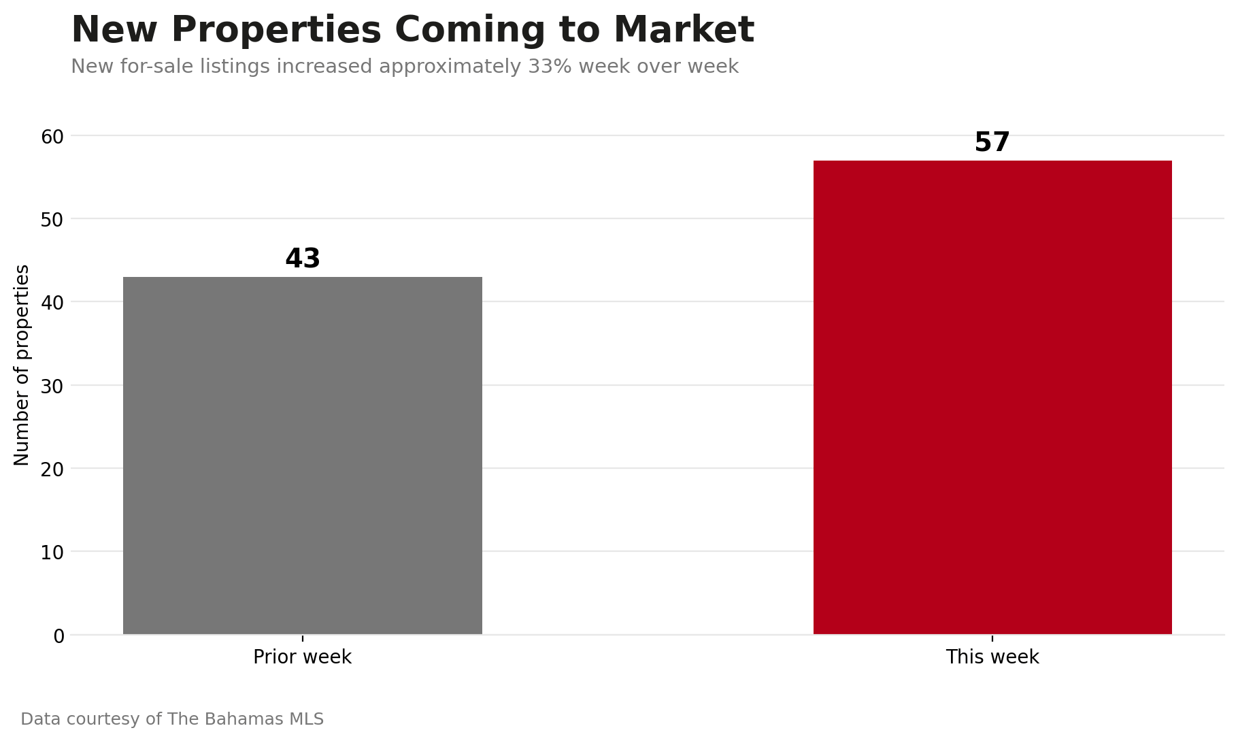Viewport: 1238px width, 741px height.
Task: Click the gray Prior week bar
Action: [303, 456]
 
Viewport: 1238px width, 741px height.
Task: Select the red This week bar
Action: [992, 397]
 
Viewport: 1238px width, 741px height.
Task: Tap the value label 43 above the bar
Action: [303, 259]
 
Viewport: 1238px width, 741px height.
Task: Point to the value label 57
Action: [992, 142]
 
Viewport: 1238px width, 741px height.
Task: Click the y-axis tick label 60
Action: [52, 137]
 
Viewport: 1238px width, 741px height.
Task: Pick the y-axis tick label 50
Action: [52, 220]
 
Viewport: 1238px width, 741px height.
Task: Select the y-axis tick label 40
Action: [52, 303]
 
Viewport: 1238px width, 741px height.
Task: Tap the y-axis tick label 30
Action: [52, 386]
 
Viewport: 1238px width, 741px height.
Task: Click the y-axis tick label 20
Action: [52, 470]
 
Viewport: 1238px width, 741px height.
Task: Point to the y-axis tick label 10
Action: [52, 553]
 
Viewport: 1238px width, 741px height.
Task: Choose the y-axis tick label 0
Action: [58, 636]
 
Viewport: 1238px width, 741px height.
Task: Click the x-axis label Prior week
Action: [303, 657]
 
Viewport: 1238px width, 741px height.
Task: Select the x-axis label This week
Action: [992, 657]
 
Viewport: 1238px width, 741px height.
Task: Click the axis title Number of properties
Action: [22, 365]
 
